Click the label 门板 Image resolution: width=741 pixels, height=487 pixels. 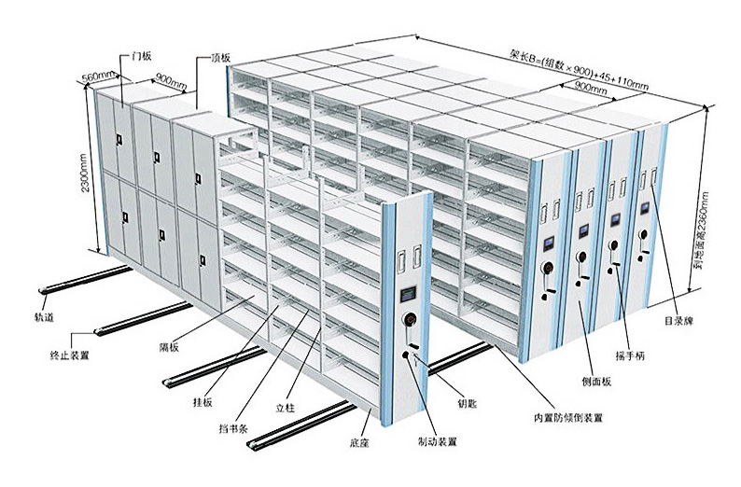pos(142,55)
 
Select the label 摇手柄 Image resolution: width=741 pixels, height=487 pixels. pos(634,355)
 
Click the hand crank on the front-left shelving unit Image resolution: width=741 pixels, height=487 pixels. pos(407,323)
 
